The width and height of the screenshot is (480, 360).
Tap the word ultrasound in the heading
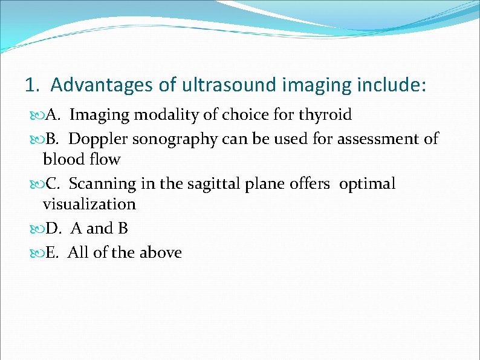click(229, 85)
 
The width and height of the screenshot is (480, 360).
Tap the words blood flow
click(82, 160)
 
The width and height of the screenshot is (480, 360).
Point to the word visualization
click(89, 205)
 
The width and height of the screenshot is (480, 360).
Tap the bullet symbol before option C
click(34, 184)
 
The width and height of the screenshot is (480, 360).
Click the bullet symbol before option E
click(34, 253)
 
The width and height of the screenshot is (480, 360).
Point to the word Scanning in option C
click(100, 183)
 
